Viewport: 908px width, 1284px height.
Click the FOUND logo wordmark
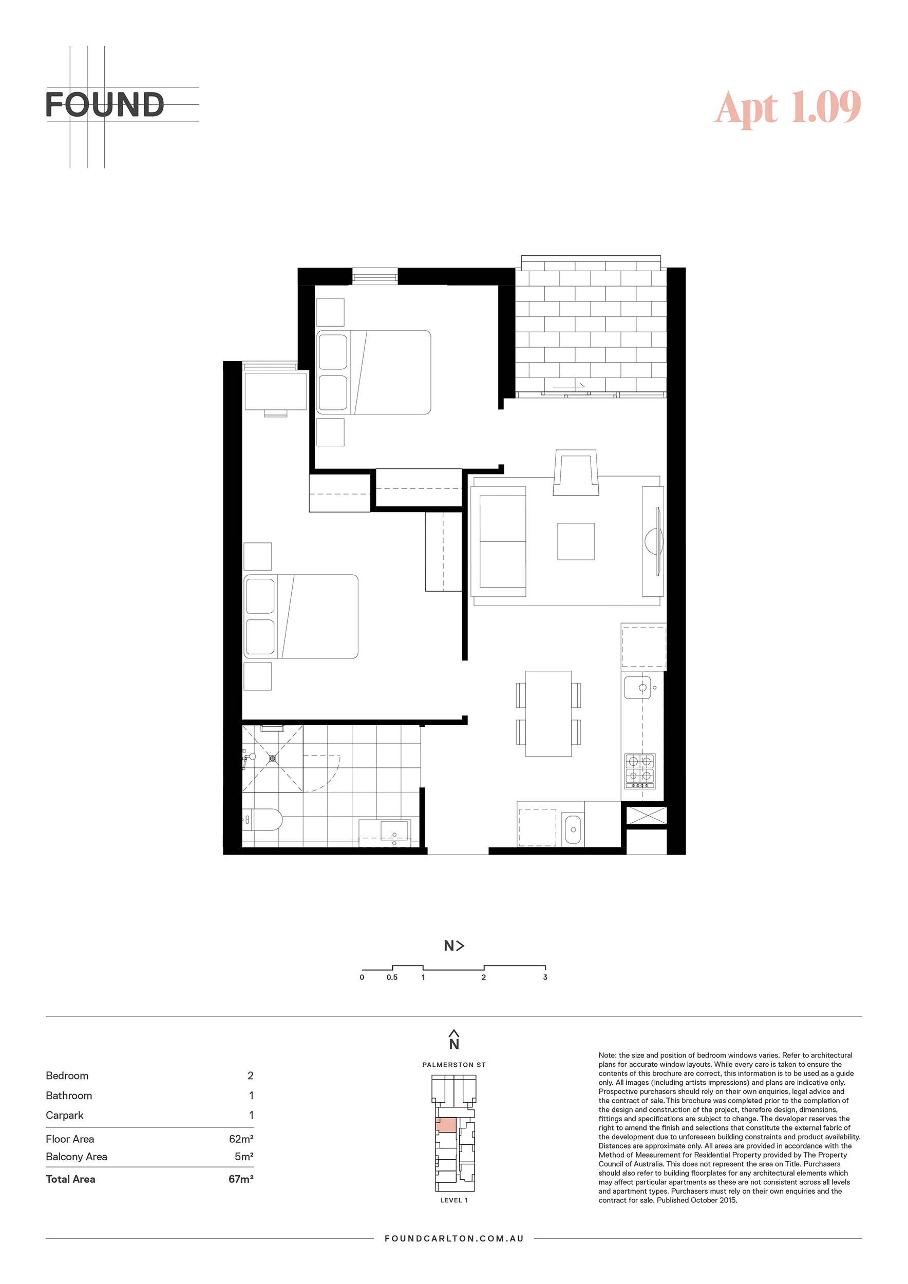coord(105,105)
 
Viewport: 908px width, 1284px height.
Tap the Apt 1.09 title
coord(788,107)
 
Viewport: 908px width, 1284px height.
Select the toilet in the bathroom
coord(262,820)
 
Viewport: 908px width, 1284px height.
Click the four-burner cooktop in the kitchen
coord(639,770)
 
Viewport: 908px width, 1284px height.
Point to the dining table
coord(548,713)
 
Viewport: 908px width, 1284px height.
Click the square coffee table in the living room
coord(576,541)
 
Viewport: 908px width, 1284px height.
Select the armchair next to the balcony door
coord(576,473)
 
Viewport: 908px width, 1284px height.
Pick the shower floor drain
coord(273,758)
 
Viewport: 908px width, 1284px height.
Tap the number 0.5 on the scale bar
coord(392,977)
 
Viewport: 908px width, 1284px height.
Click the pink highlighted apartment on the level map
coord(446,1125)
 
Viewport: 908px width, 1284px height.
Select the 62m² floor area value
coord(241,1139)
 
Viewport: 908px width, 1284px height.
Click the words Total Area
coord(70,1179)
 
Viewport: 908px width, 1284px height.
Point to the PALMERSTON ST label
coord(454,1065)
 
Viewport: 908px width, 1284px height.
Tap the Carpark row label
coord(64,1115)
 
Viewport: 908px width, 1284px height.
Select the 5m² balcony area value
coord(244,1157)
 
